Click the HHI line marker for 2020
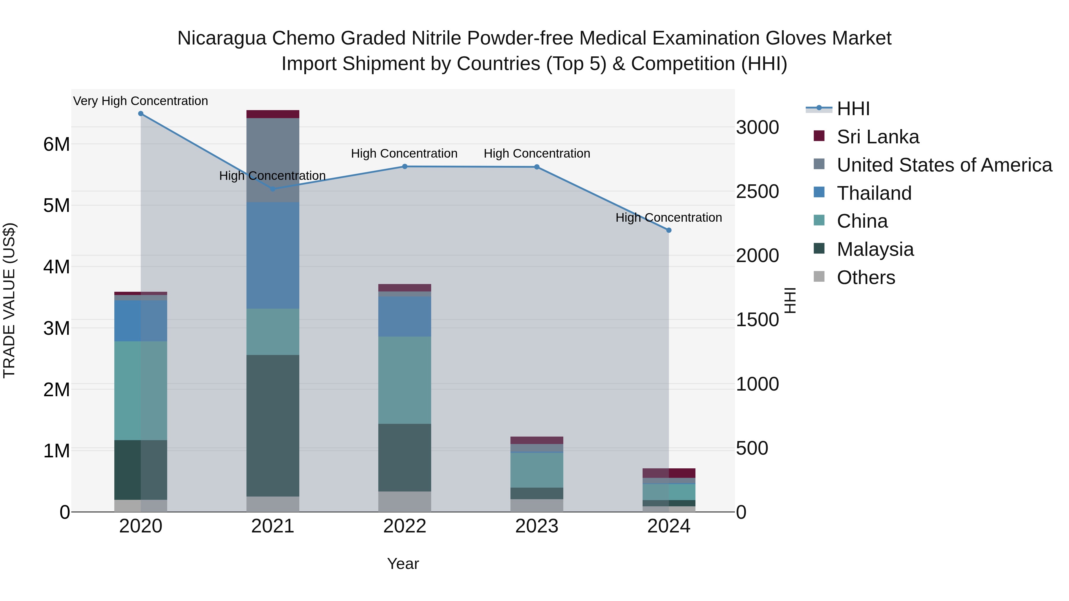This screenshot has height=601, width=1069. (x=141, y=114)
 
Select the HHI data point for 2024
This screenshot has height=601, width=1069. (x=668, y=230)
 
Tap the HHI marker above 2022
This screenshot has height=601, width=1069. (x=405, y=167)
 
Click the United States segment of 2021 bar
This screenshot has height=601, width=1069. (x=273, y=160)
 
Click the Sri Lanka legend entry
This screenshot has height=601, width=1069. (x=877, y=137)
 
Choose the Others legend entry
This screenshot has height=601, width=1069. (x=866, y=277)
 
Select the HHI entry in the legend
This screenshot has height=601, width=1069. (x=853, y=109)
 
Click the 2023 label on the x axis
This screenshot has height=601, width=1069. (x=537, y=526)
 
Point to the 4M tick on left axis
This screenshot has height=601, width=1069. (x=56, y=267)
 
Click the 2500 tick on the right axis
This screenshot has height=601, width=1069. (x=757, y=192)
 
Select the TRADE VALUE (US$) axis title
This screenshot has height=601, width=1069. (x=9, y=300)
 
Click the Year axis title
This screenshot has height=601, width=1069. (x=403, y=564)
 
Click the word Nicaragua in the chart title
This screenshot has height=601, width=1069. (x=221, y=38)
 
